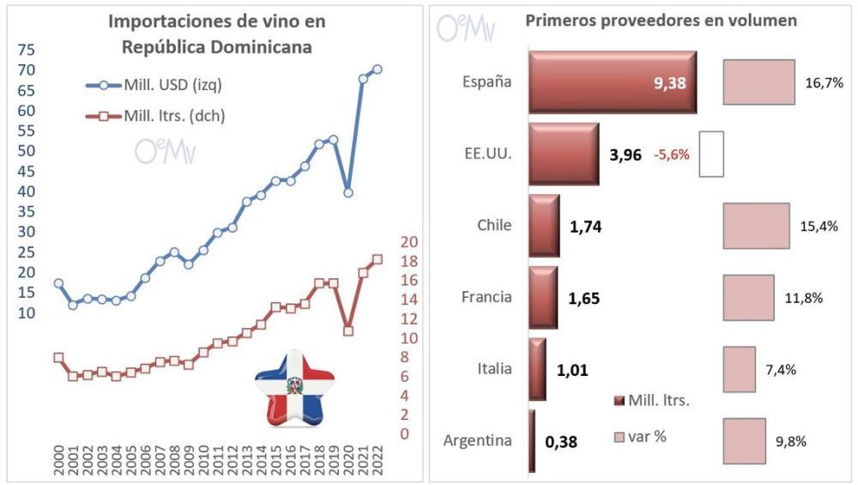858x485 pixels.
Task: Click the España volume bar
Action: (612, 82)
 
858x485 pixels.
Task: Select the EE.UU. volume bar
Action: (564, 155)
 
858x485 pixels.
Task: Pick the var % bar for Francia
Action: (749, 298)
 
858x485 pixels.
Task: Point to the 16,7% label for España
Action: (825, 83)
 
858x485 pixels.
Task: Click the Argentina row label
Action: (478, 441)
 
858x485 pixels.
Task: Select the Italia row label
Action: (494, 369)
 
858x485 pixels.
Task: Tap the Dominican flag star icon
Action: (295, 387)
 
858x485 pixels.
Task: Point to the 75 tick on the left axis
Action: (27, 50)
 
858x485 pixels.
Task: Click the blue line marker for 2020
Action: (348, 192)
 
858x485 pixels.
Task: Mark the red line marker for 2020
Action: (348, 330)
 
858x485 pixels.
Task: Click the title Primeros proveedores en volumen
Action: (661, 21)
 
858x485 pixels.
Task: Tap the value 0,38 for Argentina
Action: (561, 443)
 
